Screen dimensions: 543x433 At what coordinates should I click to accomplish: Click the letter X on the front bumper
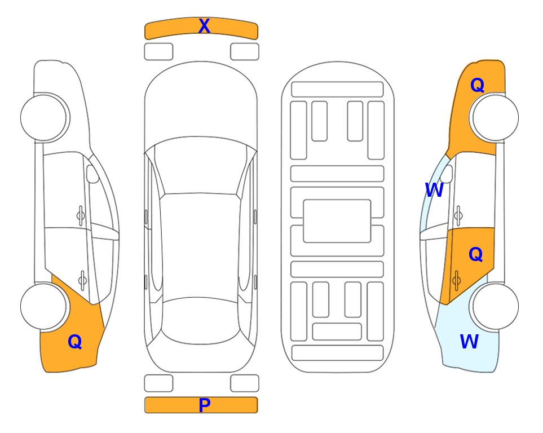[204, 26]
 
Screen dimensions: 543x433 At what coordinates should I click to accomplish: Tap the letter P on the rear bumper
[204, 405]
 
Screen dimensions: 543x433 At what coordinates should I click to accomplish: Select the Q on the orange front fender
[477, 85]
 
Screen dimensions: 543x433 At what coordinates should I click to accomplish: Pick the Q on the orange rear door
[475, 254]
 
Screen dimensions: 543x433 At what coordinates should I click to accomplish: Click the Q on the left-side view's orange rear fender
[75, 342]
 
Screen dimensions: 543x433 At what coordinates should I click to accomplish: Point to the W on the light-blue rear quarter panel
[469, 342]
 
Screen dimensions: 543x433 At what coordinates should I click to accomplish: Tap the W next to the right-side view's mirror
[434, 190]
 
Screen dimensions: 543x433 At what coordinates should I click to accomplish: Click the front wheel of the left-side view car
[44, 117]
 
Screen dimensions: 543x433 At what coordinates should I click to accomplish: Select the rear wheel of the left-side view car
[44, 307]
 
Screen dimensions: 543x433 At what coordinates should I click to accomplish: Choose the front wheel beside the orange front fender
[495, 117]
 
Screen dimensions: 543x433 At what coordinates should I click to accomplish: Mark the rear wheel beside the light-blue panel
[495, 307]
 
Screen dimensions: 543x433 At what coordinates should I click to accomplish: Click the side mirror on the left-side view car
[92, 174]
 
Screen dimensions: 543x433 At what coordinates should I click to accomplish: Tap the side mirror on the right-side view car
[447, 174]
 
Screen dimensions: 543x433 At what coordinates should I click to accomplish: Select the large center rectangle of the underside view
[337, 221]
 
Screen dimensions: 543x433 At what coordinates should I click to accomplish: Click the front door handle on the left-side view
[81, 216]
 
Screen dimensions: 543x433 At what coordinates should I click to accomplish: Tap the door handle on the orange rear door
[456, 281]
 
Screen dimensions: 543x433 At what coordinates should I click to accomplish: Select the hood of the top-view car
[201, 104]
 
